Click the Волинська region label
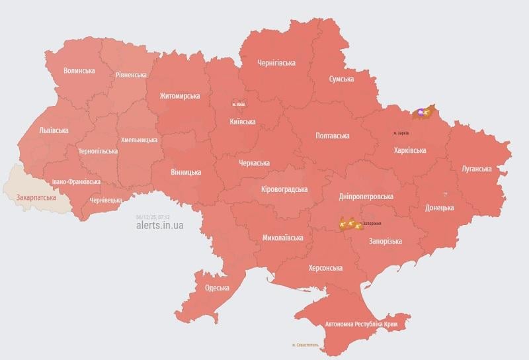(x=79, y=70)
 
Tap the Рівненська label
(x=131, y=75)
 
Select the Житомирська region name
(x=179, y=96)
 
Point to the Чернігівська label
(x=276, y=63)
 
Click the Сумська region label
(x=341, y=79)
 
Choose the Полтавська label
(x=333, y=135)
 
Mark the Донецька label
(x=439, y=207)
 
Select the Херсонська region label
(x=325, y=268)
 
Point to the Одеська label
(x=217, y=288)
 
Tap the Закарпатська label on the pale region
(x=36, y=197)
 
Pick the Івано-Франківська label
(x=76, y=181)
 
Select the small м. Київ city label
(x=238, y=104)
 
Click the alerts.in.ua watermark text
(x=159, y=225)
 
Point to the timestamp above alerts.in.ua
(x=152, y=216)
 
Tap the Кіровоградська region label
(x=284, y=189)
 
